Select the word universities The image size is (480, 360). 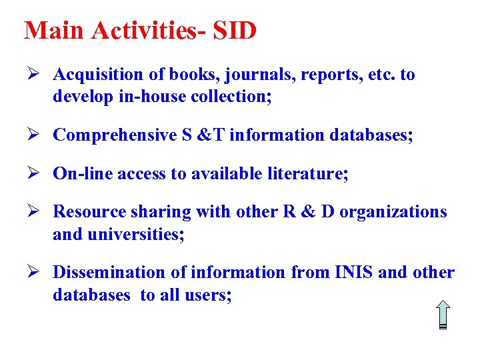(137, 235)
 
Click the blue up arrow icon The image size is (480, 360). (443, 314)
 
